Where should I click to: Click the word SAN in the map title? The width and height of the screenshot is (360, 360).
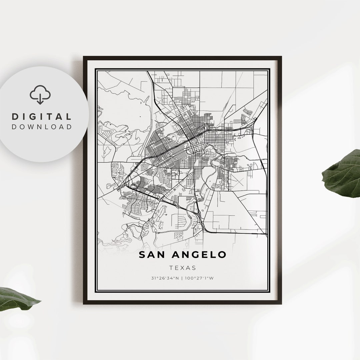tap(152, 255)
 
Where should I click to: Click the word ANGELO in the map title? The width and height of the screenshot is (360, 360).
tap(199, 255)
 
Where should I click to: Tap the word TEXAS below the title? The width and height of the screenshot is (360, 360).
tap(182, 268)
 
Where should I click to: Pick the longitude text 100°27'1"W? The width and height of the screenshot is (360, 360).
tap(199, 278)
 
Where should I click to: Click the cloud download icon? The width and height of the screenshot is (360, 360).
tap(40, 95)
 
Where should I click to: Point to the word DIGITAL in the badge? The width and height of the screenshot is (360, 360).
tap(42, 117)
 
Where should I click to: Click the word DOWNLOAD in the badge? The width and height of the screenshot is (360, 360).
tap(42, 127)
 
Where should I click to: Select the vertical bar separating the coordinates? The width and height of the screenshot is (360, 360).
tap(182, 278)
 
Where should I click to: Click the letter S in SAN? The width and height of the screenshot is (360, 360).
tap(142, 255)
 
